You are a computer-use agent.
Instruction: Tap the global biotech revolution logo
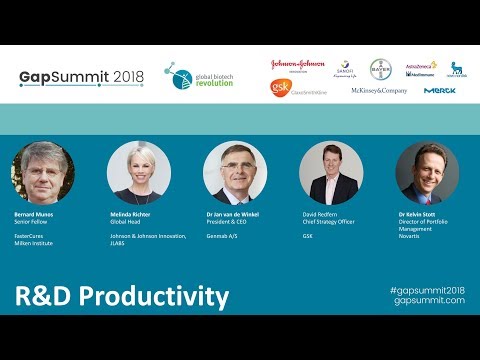[x=199, y=76]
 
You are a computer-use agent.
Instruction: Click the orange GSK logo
[x=280, y=88]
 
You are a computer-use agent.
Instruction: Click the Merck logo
[x=439, y=90]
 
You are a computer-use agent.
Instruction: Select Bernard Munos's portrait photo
[x=43, y=173]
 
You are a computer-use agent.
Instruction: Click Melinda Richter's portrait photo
[x=139, y=173]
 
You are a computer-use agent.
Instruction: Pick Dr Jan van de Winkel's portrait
[x=235, y=173]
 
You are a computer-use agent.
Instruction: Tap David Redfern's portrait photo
[x=330, y=173]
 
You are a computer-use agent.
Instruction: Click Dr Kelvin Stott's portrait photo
[x=427, y=173]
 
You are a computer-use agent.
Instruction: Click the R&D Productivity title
[x=121, y=297]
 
